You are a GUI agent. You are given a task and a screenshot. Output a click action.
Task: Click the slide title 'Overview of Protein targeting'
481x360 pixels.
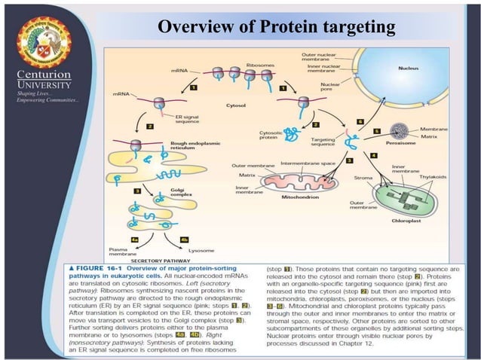(x=276, y=28)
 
